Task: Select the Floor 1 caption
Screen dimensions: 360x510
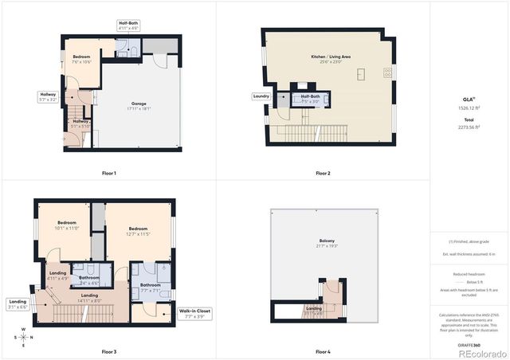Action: [x=109, y=173]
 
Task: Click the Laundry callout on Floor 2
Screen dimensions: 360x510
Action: [x=261, y=96]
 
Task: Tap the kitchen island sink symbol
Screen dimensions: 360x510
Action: [x=360, y=75]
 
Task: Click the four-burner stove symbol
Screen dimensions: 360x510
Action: [x=388, y=72]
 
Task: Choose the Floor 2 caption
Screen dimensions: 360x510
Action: [x=323, y=173]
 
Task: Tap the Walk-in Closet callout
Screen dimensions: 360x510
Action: [x=194, y=313]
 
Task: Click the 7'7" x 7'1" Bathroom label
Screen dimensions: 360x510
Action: [x=151, y=288]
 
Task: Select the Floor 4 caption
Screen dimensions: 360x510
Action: [x=323, y=351]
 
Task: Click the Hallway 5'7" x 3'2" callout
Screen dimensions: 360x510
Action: [x=48, y=97]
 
